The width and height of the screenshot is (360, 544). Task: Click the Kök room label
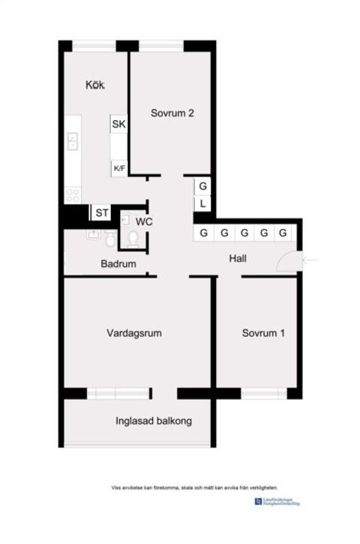94,85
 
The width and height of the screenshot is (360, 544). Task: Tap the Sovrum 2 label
172,114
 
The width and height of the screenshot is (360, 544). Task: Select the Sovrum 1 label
263,332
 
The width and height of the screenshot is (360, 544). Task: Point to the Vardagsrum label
135,332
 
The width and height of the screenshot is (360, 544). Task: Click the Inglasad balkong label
154,421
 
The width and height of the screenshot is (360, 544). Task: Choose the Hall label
239,260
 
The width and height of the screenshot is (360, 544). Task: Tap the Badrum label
118,264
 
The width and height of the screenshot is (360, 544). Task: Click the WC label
145,221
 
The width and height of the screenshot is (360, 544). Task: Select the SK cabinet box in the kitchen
118,125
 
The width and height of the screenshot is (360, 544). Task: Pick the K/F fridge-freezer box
118,169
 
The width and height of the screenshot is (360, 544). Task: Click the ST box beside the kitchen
102,214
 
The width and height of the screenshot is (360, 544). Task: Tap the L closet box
203,204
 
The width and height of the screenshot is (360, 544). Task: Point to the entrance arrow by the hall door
310,260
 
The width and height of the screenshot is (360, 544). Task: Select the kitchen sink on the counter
73,140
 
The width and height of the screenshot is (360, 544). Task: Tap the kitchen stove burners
73,194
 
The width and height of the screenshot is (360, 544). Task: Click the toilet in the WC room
133,239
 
